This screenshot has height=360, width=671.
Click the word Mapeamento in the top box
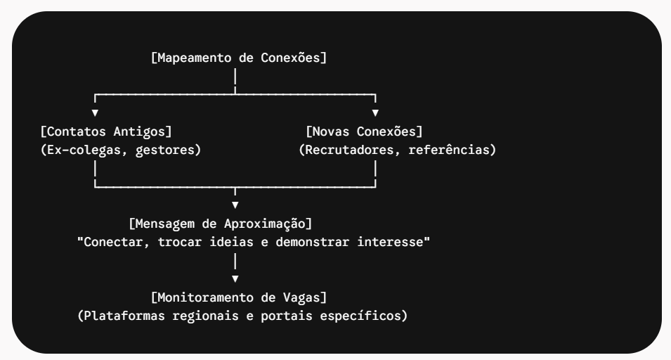195,58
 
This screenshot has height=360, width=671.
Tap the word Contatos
76,131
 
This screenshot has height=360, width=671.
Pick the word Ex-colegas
84,150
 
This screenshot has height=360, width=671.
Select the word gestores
164,150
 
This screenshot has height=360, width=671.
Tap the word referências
449,150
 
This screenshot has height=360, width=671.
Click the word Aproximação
265,224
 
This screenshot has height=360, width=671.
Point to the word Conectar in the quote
113,243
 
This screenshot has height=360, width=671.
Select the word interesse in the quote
390,243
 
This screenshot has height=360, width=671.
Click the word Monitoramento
206,297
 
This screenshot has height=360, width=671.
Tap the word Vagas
301,298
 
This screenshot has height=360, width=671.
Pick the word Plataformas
124,316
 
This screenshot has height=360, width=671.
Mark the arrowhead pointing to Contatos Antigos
95,113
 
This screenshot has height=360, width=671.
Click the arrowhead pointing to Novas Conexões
375,113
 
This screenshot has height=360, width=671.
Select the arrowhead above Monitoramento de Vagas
235,279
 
